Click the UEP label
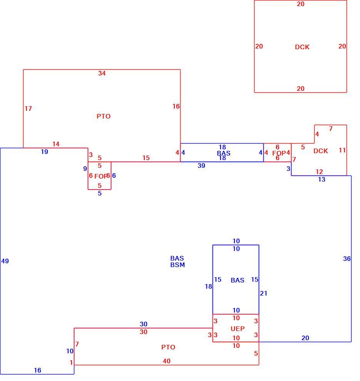point(238,329)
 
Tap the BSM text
point(177,265)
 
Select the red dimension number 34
point(102,73)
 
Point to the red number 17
point(28,109)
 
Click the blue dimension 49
point(5,261)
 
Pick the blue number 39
point(201,165)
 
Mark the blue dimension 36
point(347,259)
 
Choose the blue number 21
point(263,293)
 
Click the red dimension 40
point(166,361)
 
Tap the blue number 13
point(321,179)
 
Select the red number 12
point(319,172)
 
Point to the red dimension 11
point(342,150)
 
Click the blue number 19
point(45,152)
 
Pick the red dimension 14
point(56,144)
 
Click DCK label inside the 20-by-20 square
point(302,47)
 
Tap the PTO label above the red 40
point(168,347)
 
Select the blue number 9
point(85,169)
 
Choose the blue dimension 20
point(305,338)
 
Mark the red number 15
point(146,158)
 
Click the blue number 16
point(37,370)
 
